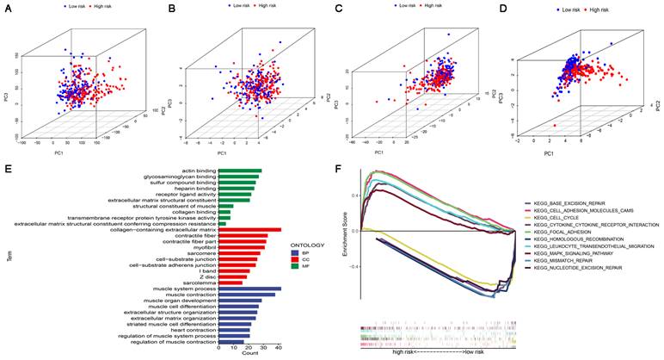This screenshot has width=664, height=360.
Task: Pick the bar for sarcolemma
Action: [231, 282]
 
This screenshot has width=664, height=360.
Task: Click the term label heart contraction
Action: [188, 330]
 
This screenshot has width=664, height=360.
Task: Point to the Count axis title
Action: [249, 354]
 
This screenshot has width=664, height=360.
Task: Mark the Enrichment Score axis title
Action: [344, 231]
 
